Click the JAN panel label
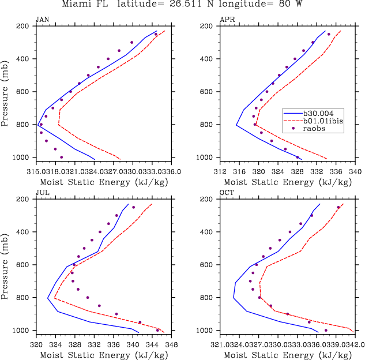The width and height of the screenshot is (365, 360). click(42, 19)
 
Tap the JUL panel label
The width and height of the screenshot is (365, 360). click(42, 192)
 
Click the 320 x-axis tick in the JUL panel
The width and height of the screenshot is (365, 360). click(36, 344)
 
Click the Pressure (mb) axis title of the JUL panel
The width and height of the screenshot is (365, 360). click(6, 264)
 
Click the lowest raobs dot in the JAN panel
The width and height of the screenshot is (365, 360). click(62, 157)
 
